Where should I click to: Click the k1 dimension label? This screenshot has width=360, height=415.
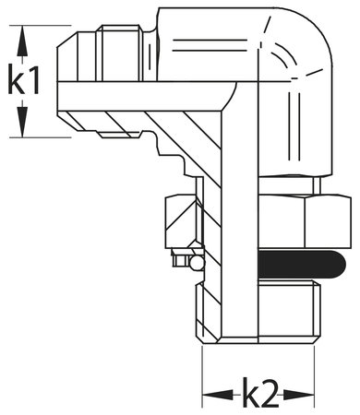[25, 82]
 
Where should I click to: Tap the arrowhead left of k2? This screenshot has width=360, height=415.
[210, 395]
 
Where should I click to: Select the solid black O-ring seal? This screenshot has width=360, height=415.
[305, 267]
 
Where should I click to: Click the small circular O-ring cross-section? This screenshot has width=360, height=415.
[194, 264]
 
